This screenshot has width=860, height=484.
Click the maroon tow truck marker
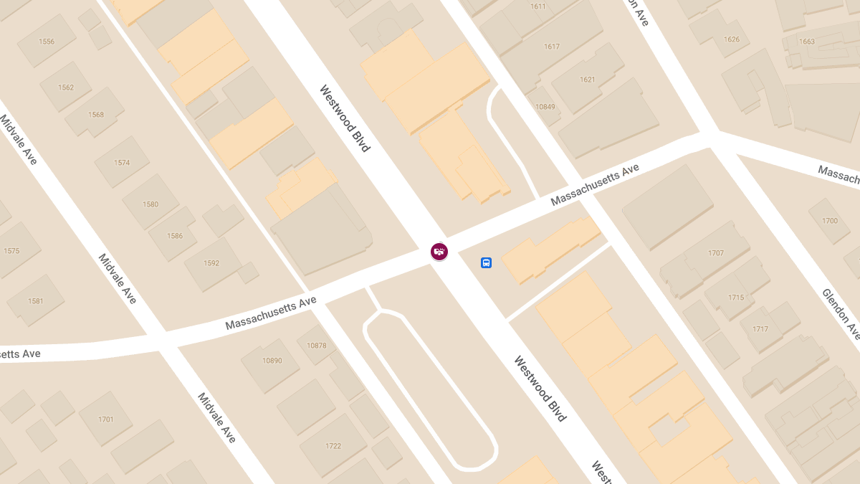[439, 251]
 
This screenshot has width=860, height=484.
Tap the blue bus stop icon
[486, 263]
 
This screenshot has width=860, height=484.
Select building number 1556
[47, 42]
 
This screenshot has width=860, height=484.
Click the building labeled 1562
[66, 87]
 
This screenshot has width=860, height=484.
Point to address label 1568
[96, 115]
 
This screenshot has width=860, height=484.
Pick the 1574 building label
[122, 163]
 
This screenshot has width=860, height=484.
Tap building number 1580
[150, 204]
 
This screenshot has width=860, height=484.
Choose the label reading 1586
[175, 236]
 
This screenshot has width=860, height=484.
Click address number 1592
[211, 263]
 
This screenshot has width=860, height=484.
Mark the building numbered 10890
[272, 361]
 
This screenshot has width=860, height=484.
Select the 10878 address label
[316, 346]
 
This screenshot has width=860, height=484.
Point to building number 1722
[333, 446]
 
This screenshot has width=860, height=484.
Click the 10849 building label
[545, 107]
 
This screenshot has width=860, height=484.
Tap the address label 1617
[552, 47]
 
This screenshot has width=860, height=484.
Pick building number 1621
[588, 80]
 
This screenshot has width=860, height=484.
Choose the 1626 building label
[732, 39]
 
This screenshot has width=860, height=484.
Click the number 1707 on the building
[716, 253]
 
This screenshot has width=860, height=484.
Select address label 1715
[736, 298]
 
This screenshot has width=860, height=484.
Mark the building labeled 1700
[830, 221]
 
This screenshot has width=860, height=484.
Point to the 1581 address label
[36, 301]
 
